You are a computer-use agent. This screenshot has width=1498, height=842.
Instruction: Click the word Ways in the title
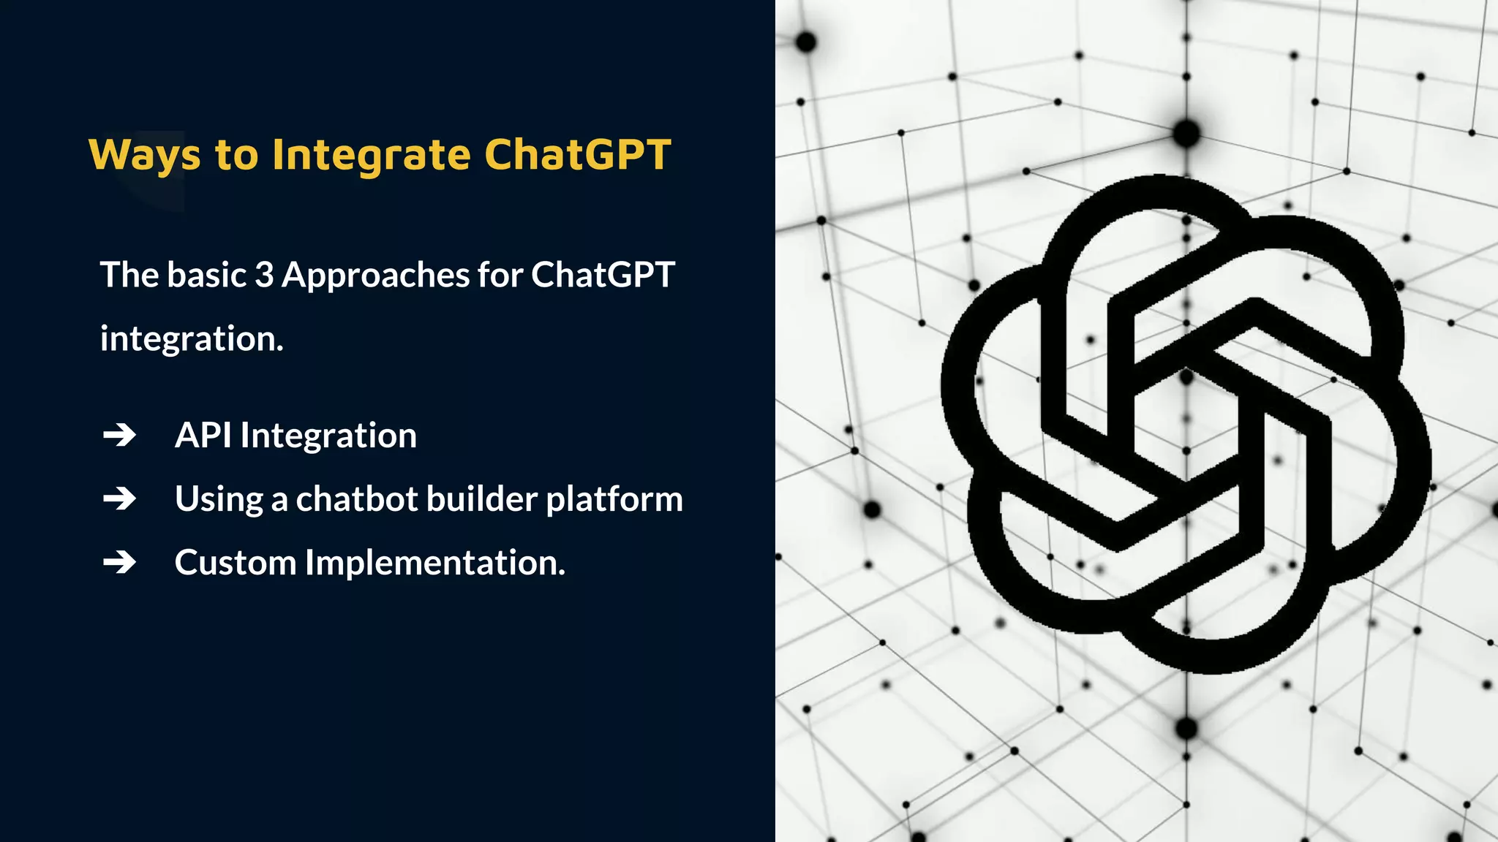(144, 155)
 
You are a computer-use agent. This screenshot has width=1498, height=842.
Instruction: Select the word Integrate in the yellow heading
(371, 155)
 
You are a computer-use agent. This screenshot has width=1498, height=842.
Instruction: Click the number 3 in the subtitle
(263, 275)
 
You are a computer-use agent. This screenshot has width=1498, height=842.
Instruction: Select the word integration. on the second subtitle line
(192, 339)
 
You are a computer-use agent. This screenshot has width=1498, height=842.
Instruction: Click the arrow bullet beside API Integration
(120, 436)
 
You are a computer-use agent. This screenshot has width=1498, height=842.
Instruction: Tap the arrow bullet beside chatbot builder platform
(120, 499)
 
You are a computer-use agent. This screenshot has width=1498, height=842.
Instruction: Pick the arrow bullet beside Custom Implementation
(120, 563)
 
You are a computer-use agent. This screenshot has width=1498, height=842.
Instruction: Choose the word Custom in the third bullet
(235, 563)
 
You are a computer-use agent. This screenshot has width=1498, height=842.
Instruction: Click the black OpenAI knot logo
(1185, 424)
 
